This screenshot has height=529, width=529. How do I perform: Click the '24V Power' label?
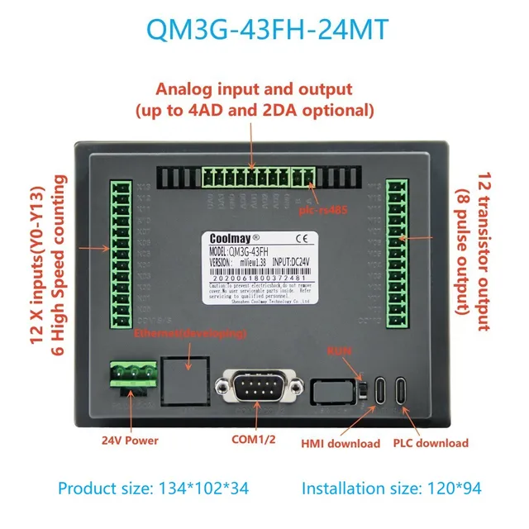tap(131, 441)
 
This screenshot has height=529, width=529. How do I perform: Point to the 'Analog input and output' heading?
tap(255, 89)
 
